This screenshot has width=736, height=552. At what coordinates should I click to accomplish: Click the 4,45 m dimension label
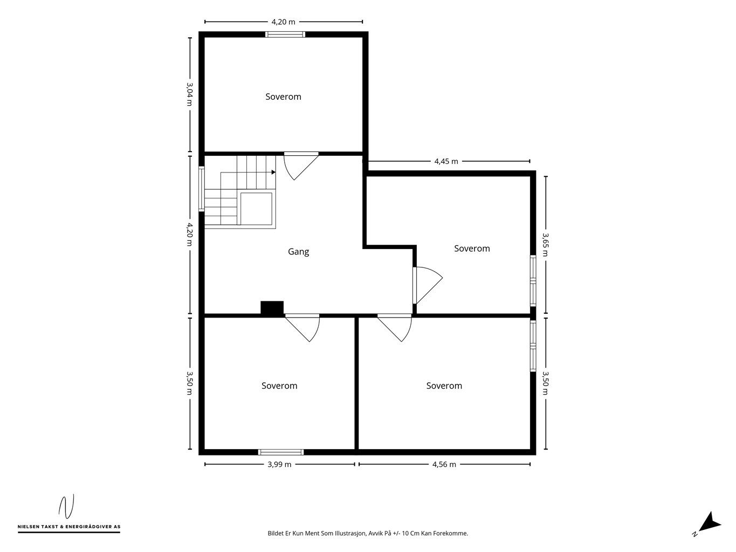446,161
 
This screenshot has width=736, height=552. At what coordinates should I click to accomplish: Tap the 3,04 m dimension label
189,94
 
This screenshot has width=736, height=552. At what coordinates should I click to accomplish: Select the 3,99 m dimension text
279,464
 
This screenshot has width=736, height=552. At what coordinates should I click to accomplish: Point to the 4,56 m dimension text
444,464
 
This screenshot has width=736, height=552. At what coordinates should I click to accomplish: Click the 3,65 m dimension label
546,245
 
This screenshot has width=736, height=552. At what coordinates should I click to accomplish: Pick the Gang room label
298,252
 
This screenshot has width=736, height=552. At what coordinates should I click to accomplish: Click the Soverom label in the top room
283,97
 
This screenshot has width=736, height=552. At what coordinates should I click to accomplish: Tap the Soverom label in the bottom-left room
279,386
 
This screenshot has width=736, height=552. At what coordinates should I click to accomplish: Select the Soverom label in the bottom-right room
444,386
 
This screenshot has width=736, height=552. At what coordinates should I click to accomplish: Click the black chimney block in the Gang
272,308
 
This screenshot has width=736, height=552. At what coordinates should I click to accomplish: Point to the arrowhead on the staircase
273,172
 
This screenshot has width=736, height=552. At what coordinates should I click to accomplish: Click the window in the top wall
285,34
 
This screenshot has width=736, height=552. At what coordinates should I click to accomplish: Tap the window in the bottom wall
281,452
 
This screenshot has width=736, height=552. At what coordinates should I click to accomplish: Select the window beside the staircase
202,189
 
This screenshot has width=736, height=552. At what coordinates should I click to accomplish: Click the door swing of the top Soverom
301,167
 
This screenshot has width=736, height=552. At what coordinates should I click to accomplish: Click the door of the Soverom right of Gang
428,285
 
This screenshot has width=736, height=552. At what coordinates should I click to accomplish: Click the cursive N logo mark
66,506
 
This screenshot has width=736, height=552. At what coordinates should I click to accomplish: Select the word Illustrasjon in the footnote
350,533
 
